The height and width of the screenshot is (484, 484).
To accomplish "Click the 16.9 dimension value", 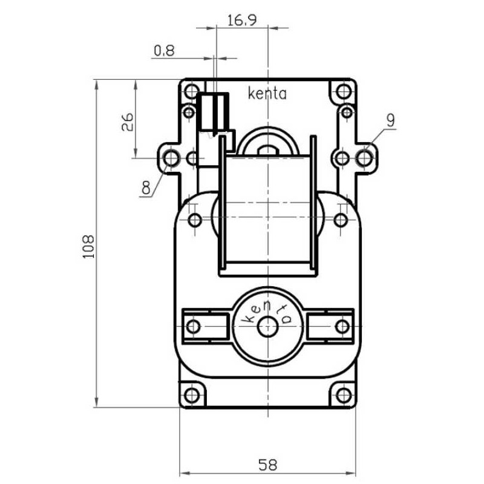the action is pos(242,21).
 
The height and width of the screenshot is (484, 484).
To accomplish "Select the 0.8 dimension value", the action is pos(164,51).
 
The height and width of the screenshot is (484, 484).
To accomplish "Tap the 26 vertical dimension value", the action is pos(127,122).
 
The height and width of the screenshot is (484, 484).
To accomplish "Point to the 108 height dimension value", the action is pos(89,247).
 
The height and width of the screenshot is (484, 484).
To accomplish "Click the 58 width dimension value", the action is pos(267,465).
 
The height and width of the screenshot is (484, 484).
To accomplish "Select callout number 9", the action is pos(390,120).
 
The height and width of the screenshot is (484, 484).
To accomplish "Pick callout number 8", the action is pos(146,188).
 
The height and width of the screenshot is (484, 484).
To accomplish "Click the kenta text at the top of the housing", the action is pos(267,93).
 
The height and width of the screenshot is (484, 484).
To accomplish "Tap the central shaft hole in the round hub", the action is pos(267,327).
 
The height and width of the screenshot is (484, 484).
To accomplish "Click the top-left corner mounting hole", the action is pos(191,91).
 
